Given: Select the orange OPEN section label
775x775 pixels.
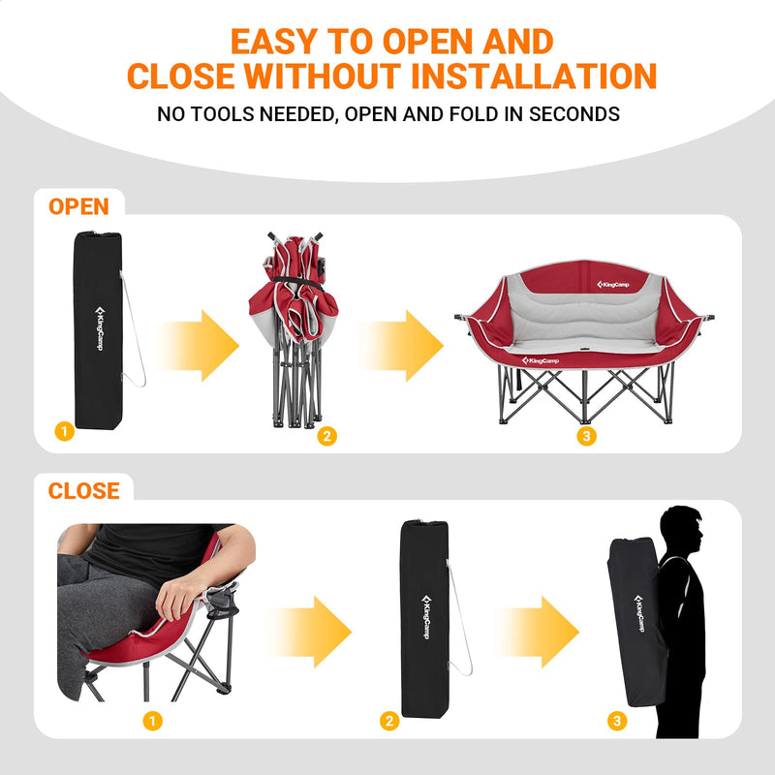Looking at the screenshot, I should point(78,206).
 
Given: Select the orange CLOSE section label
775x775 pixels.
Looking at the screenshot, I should point(84,490).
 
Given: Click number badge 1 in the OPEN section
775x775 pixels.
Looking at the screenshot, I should point(64,432).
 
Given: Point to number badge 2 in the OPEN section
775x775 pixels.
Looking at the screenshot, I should point(326,437).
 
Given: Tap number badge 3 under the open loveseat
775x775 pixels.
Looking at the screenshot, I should point(585,437).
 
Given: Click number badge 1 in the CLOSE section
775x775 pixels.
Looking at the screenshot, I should point(151,721).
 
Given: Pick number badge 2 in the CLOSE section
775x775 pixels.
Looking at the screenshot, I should point(389,721).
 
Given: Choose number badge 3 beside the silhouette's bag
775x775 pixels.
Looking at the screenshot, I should point(617,721).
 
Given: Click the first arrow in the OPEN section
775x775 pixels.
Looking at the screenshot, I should point(198,346).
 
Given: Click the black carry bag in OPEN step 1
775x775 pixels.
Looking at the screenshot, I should point(97,329).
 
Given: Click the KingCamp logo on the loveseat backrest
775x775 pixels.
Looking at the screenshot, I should point(613,284).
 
